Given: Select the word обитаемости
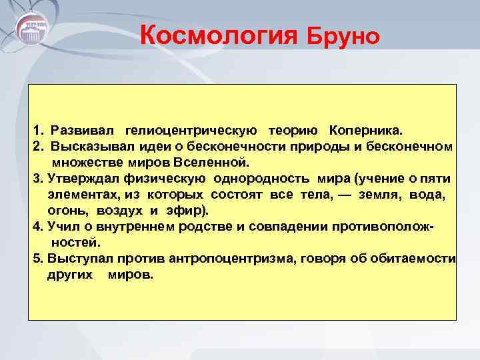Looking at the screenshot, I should point(418,259).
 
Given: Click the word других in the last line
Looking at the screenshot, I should point(70,275).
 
